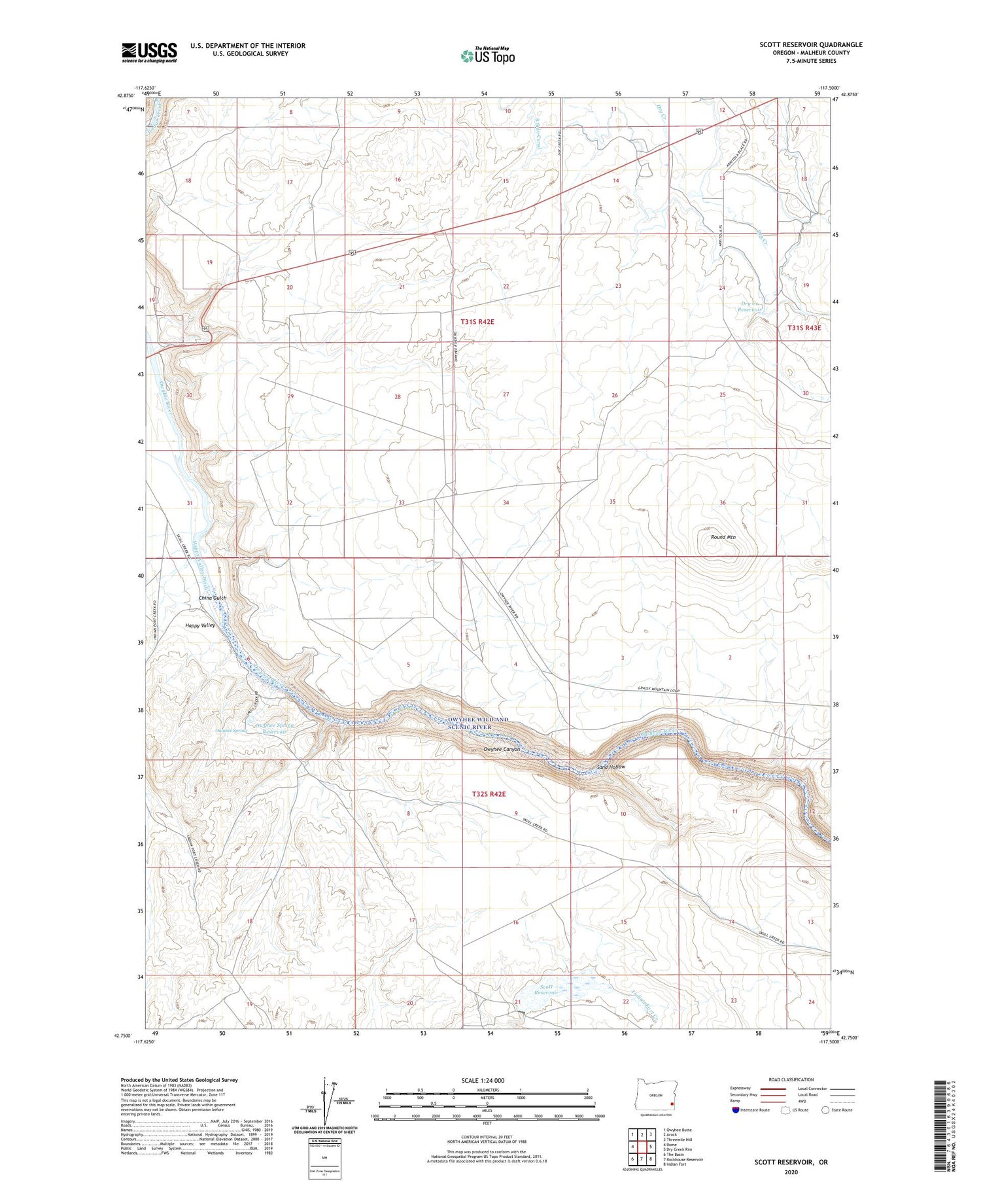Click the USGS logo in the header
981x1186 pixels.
(x=149, y=52)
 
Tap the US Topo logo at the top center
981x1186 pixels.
(x=487, y=56)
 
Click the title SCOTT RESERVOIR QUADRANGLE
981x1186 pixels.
(x=810, y=44)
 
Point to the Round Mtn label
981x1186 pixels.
(x=723, y=537)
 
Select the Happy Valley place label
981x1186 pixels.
(x=200, y=625)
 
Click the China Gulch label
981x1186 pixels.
(x=213, y=598)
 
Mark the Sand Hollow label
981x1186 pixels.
(x=611, y=767)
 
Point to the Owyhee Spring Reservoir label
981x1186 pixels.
(x=274, y=728)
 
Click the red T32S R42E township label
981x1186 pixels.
(x=489, y=794)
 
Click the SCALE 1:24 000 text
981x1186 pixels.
(x=483, y=1080)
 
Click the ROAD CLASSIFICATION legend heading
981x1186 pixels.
(x=791, y=1079)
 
